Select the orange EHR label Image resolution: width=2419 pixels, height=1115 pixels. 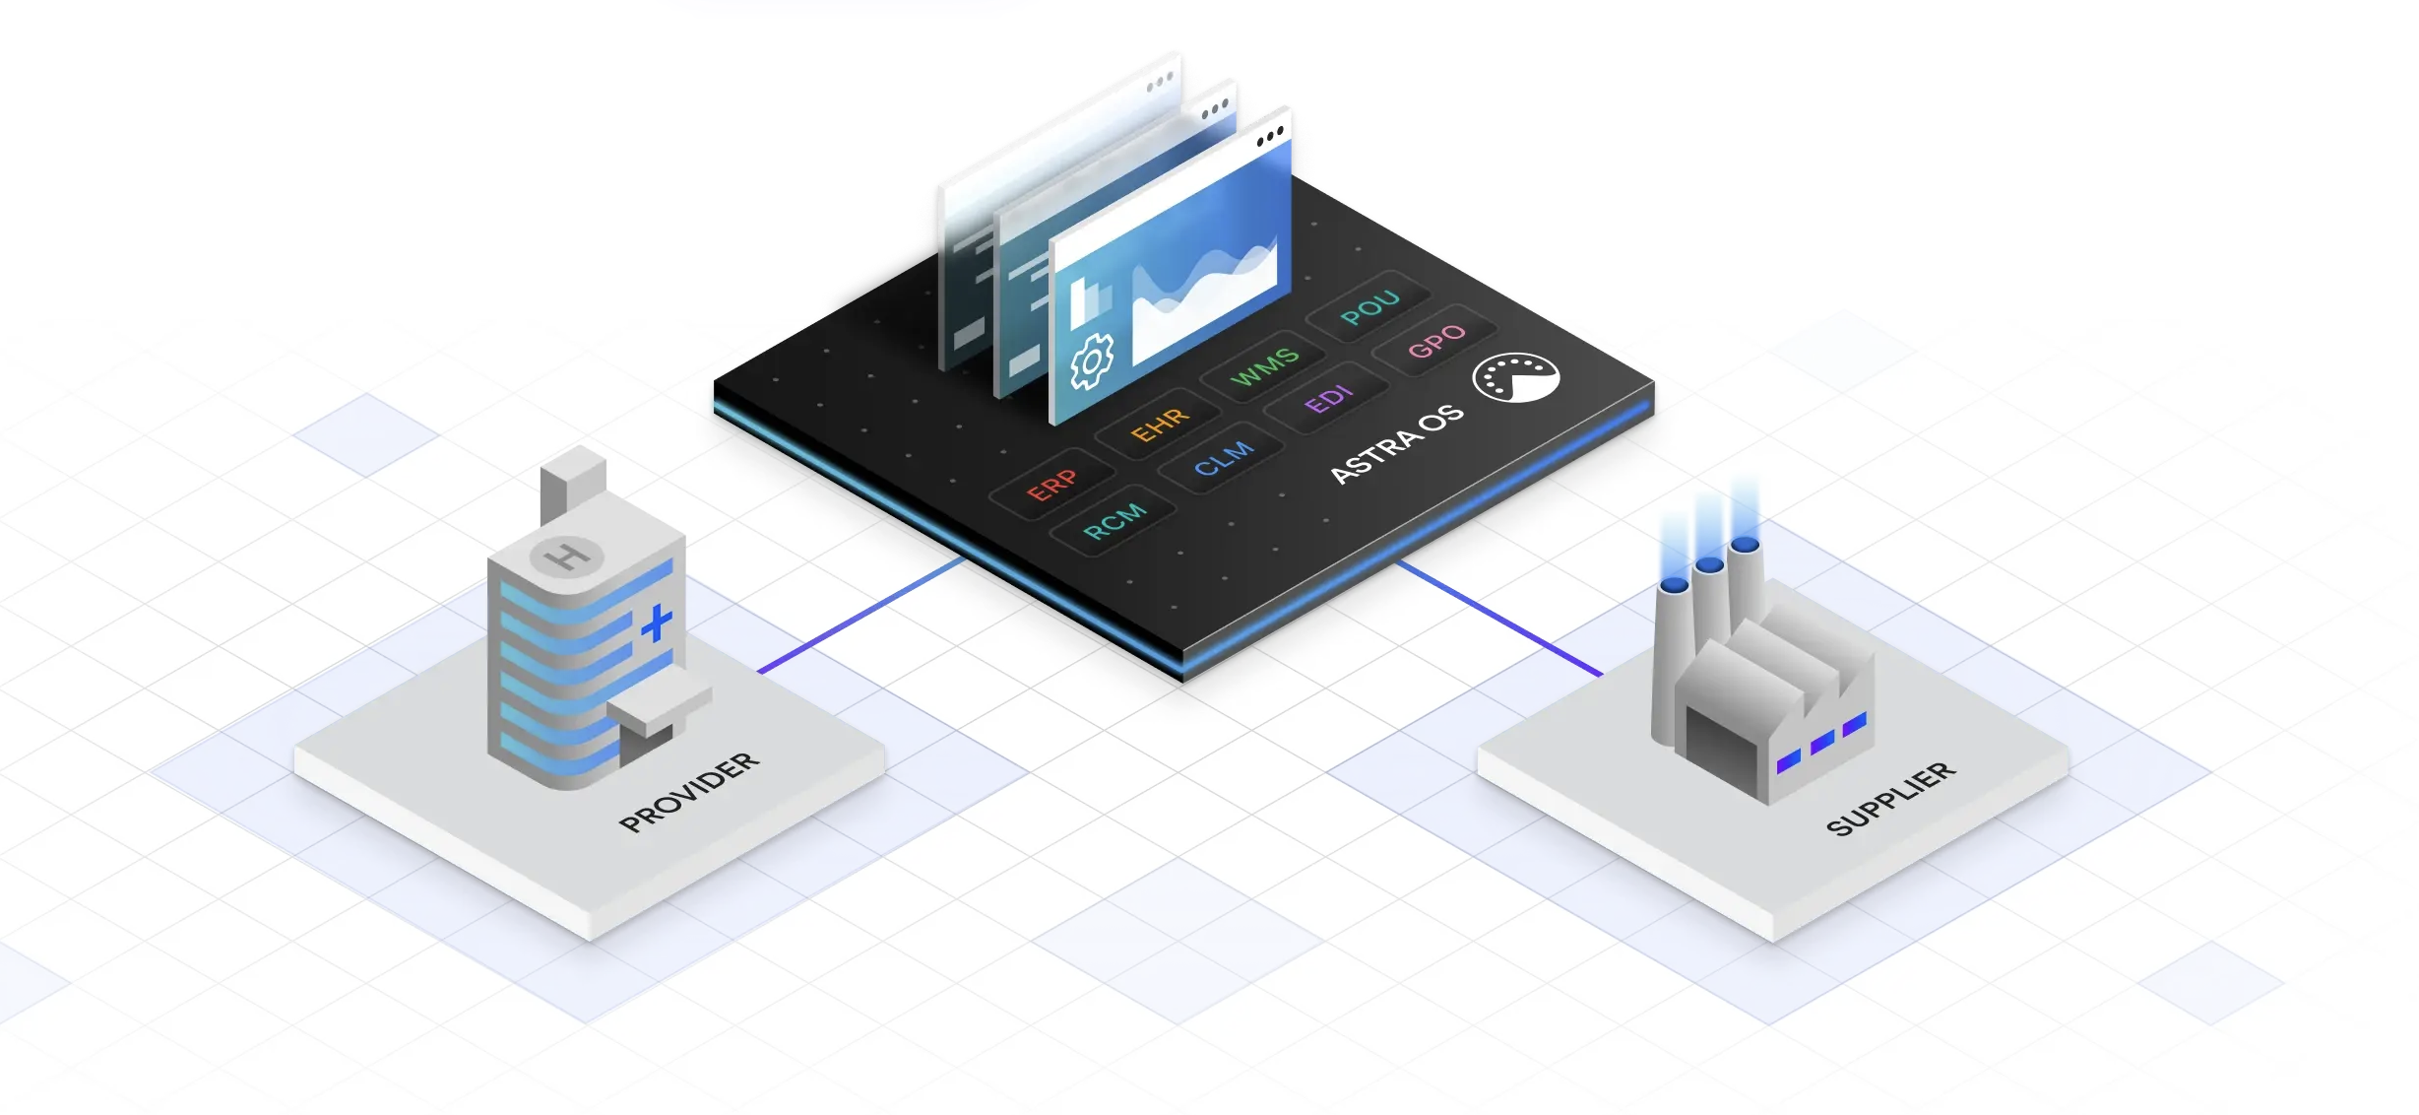[1160, 425]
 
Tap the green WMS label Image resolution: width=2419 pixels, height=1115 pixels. [1265, 365]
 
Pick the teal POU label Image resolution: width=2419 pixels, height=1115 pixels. [1369, 307]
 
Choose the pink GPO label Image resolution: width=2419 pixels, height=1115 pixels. [1436, 340]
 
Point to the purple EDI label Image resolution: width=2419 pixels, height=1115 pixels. [1329, 399]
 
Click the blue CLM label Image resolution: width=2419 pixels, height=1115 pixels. [1224, 458]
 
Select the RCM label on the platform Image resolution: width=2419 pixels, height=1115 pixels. [1114, 520]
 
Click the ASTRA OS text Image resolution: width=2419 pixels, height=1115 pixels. [1396, 444]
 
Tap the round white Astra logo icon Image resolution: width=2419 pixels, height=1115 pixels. [1516, 377]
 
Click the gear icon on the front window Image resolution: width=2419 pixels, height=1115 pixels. [1092, 361]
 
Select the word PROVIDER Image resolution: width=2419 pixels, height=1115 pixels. [689, 792]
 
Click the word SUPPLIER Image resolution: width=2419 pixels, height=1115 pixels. [1890, 798]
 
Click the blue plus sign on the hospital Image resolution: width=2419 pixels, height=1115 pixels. [657, 623]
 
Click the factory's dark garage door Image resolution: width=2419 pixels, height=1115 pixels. [1721, 751]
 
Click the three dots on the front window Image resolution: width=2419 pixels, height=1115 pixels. [1270, 135]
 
